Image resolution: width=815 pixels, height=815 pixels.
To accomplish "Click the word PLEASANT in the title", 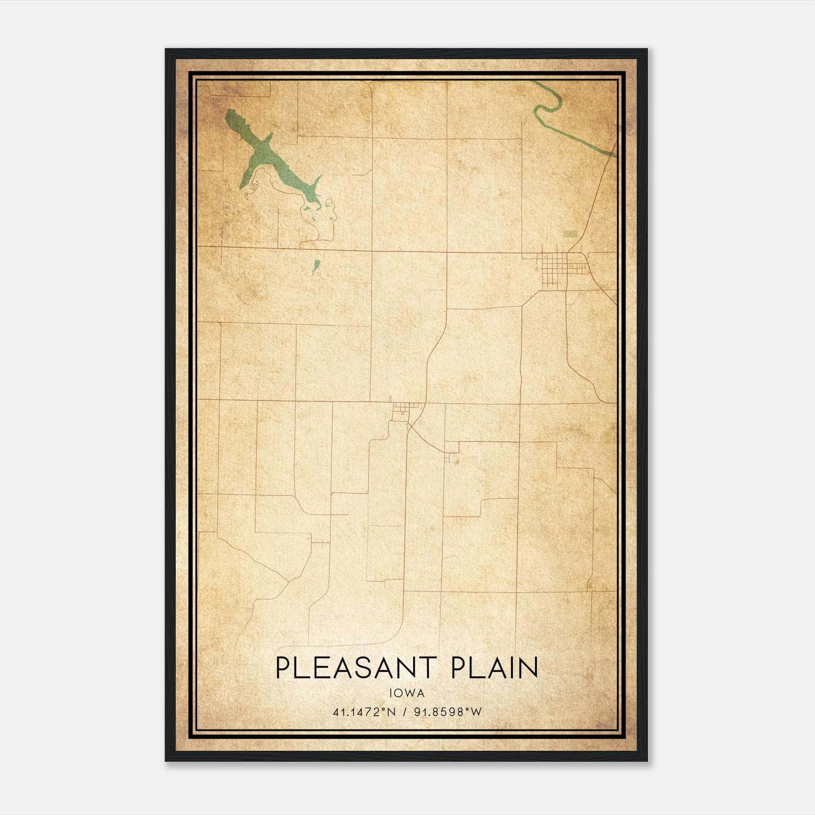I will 357,667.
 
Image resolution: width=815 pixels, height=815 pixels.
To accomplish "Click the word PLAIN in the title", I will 495,667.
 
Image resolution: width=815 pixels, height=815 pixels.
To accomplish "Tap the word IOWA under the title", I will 407,693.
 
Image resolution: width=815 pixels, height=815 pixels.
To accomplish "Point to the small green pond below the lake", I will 316,266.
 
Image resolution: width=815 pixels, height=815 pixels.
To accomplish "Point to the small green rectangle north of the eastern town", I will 570,234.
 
